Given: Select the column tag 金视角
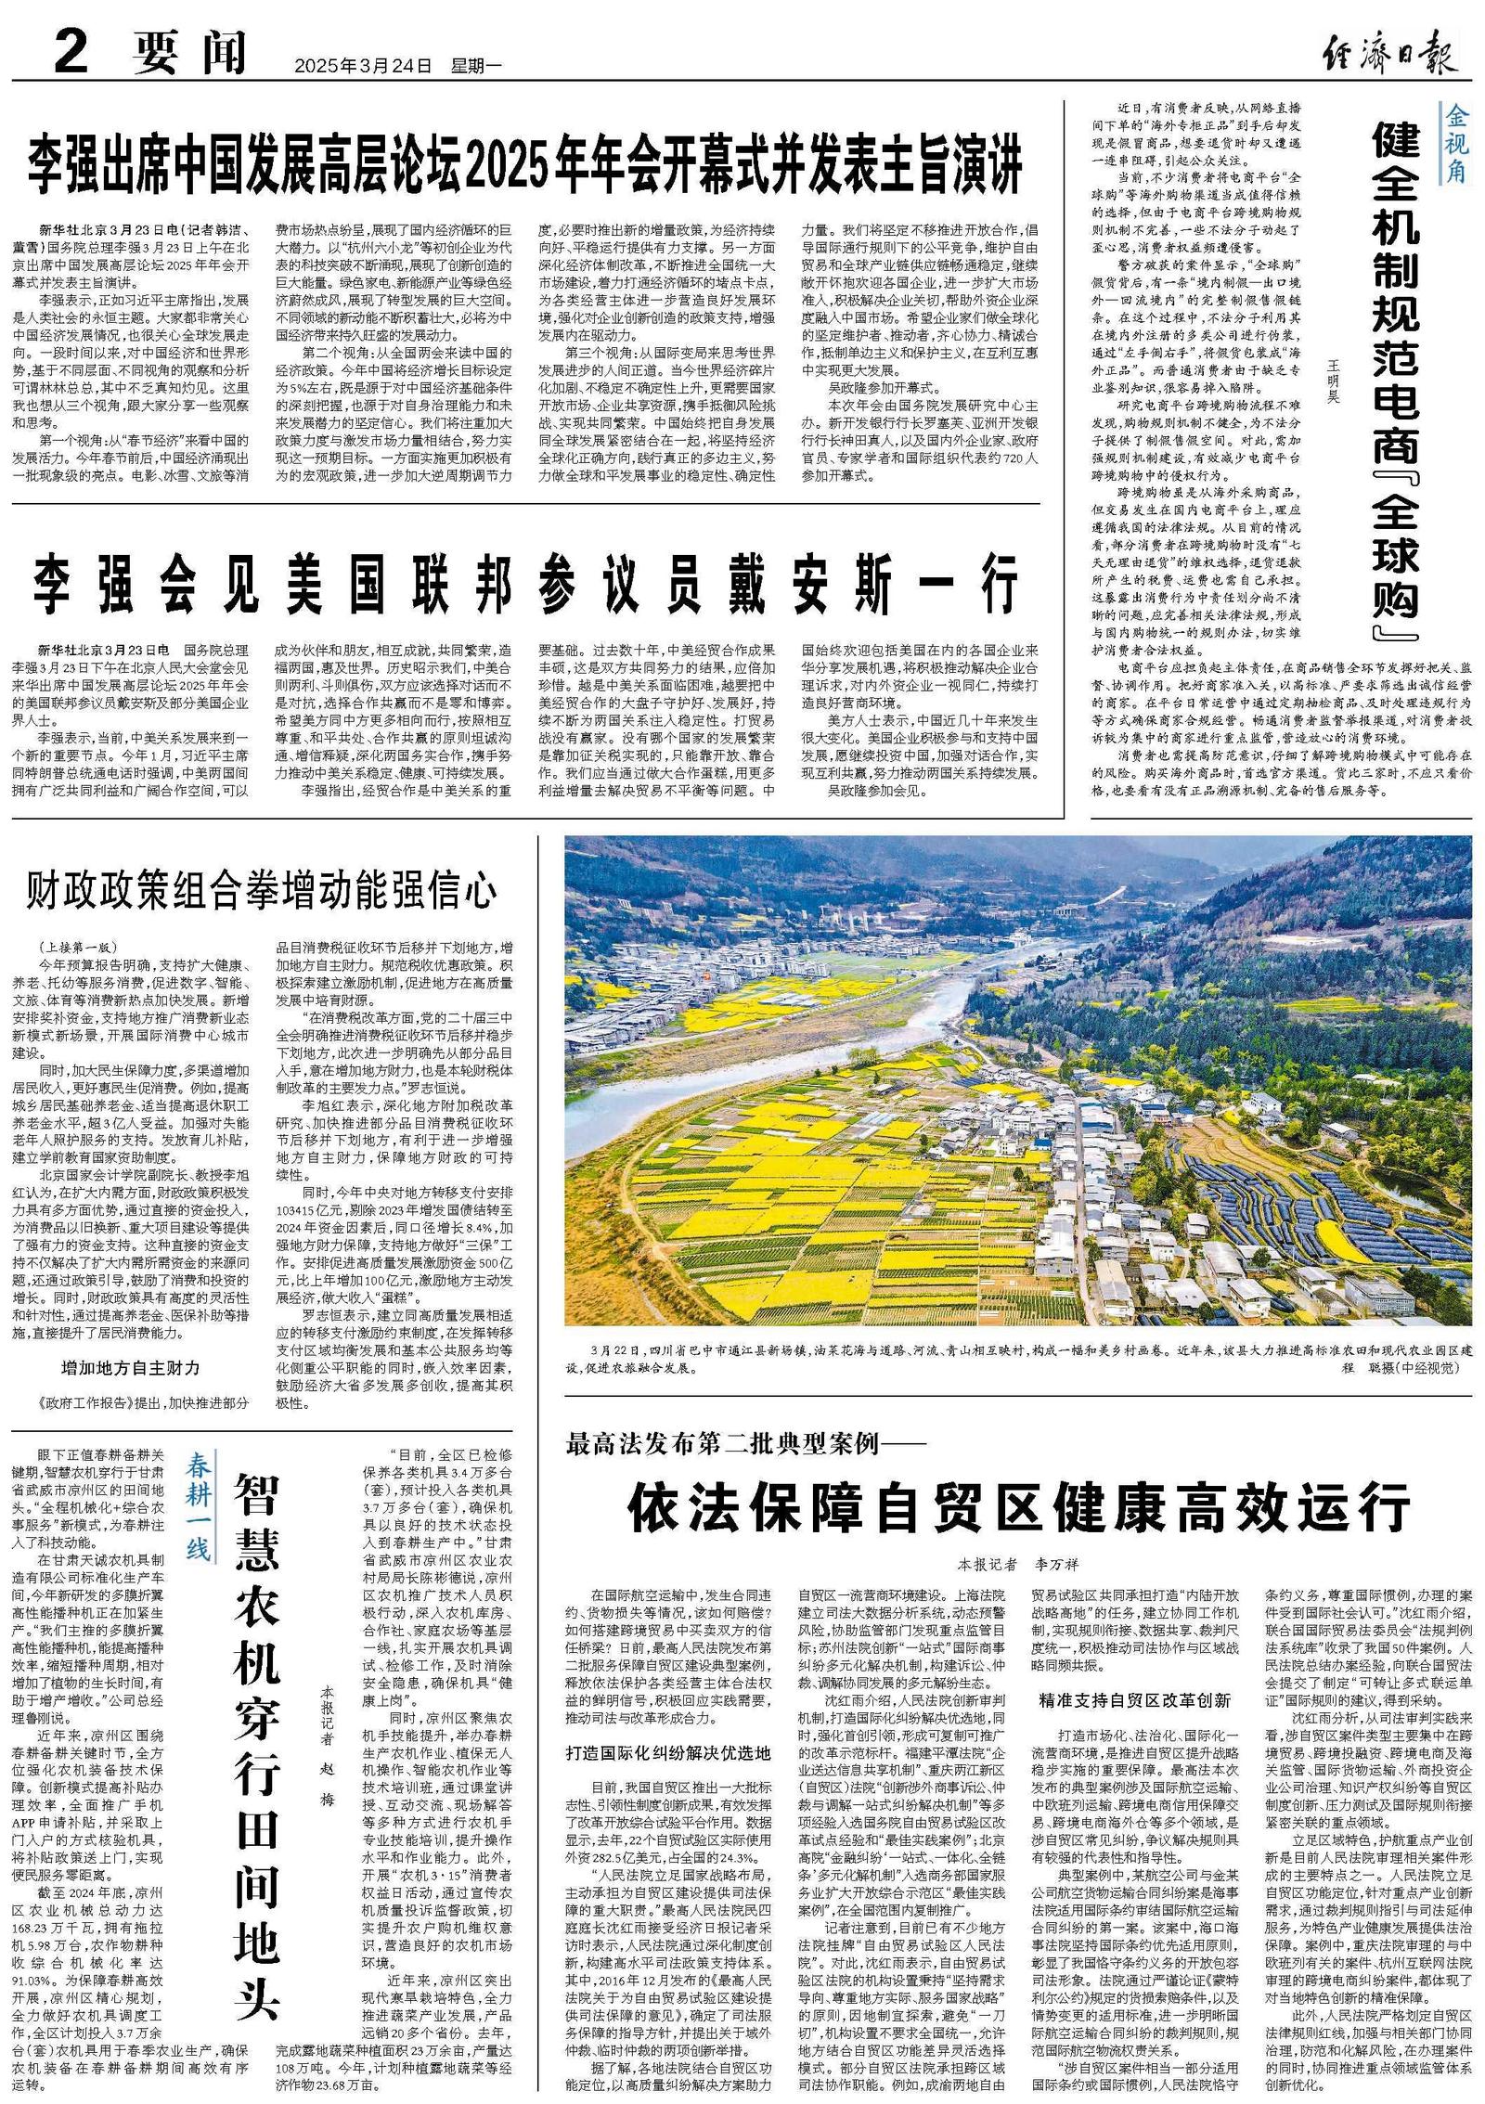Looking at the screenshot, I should pos(1454,143).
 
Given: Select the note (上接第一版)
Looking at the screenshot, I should pos(78,948).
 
